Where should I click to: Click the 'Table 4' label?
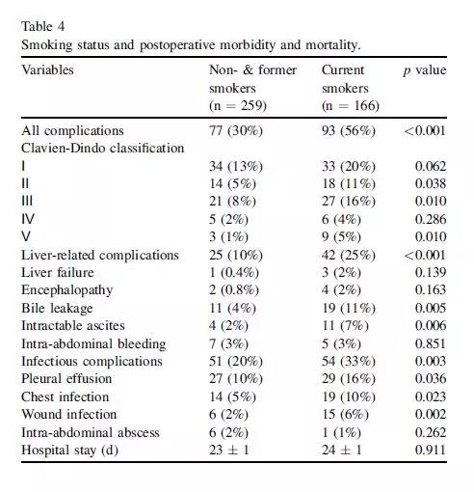point(42,26)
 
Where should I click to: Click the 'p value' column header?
point(425,70)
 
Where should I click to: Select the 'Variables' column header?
point(47,69)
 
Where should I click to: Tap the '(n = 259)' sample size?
point(238,105)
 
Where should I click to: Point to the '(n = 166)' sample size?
point(351,105)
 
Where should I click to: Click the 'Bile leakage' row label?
point(57,308)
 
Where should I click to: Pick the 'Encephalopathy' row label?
point(67,290)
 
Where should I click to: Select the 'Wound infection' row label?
point(68,414)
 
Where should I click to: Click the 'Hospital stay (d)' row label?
point(69,451)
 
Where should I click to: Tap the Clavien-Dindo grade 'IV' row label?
point(28,219)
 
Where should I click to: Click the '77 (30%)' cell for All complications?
point(236,131)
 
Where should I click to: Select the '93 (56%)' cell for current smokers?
point(349,131)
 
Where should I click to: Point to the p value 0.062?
point(431,166)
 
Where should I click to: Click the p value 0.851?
point(431,343)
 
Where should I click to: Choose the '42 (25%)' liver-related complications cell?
point(349,255)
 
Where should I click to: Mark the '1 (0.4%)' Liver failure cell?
point(234,273)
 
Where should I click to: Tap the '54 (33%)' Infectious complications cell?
point(349,362)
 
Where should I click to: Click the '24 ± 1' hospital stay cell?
point(342,450)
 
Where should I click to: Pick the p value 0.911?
point(431,450)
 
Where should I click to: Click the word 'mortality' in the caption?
point(332,44)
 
